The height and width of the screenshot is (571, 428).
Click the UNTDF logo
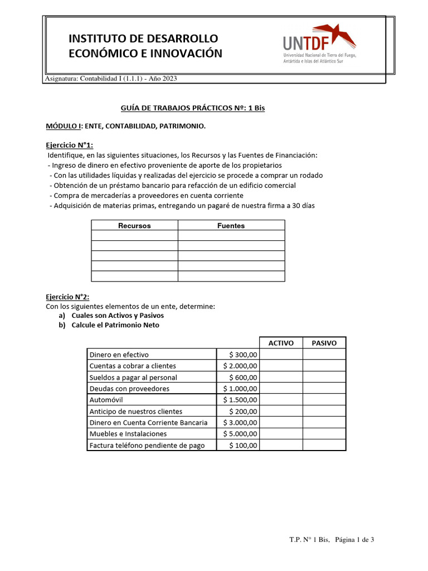[x=319, y=44]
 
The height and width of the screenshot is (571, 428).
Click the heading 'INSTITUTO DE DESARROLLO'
[x=143, y=38]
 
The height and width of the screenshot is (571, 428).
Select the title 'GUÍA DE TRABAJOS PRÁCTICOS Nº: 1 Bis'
[x=193, y=108]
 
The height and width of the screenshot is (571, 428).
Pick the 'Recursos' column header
[x=134, y=226]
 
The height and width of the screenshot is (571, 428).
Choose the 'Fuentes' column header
[x=231, y=226]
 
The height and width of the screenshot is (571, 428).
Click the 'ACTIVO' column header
[x=281, y=343]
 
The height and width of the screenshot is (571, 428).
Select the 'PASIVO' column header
[x=324, y=343]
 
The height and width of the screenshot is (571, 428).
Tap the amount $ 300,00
[x=244, y=355]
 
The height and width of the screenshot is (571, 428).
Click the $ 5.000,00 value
[x=240, y=434]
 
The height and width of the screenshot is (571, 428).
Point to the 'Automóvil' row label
[x=106, y=400]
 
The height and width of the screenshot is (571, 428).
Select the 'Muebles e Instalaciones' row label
[x=128, y=434]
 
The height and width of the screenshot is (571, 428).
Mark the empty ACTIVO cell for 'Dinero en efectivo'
[x=281, y=355]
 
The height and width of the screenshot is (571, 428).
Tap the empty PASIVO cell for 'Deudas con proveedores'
[x=324, y=389]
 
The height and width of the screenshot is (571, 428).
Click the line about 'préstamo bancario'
[x=172, y=185]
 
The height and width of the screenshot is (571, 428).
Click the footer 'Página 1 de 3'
[x=354, y=539]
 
